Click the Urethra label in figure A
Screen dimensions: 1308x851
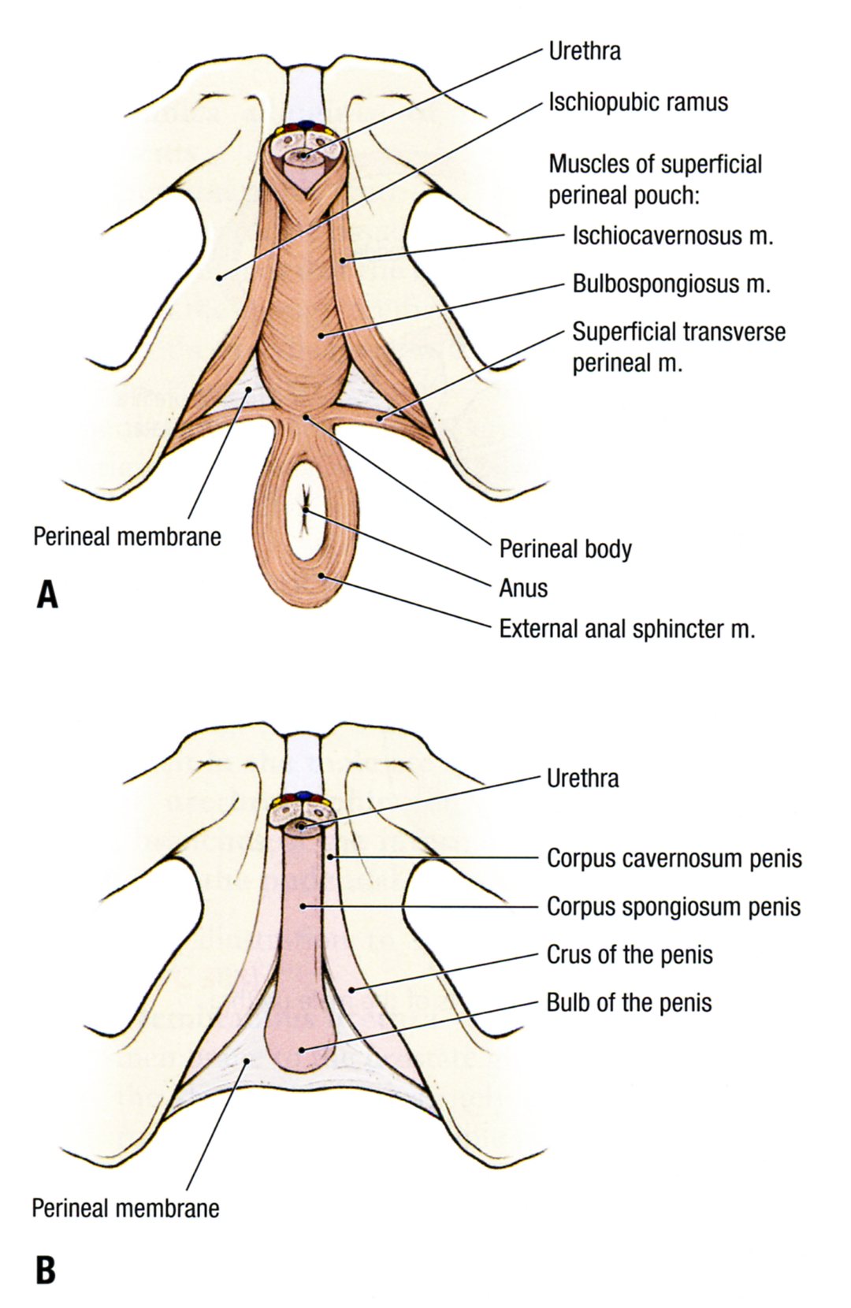tap(584, 52)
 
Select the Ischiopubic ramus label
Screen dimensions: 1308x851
tap(637, 102)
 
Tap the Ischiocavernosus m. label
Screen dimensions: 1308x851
tap(672, 236)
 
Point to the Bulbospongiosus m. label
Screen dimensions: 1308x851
tap(671, 284)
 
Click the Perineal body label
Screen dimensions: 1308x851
tap(565, 548)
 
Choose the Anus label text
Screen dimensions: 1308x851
tap(523, 588)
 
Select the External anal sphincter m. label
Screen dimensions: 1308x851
tap(626, 629)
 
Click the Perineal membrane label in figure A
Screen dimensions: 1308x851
tap(127, 537)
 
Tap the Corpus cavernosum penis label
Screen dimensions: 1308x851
tap(674, 858)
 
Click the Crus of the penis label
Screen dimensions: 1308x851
tap(629, 955)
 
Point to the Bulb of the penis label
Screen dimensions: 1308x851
tap(629, 1003)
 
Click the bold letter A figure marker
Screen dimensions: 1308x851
tap(47, 595)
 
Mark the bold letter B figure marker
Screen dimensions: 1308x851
tap(46, 1270)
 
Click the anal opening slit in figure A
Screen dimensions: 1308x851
tap(306, 511)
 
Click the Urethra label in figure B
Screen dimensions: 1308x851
tap(582, 778)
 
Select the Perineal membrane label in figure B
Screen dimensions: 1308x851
tap(125, 1208)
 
